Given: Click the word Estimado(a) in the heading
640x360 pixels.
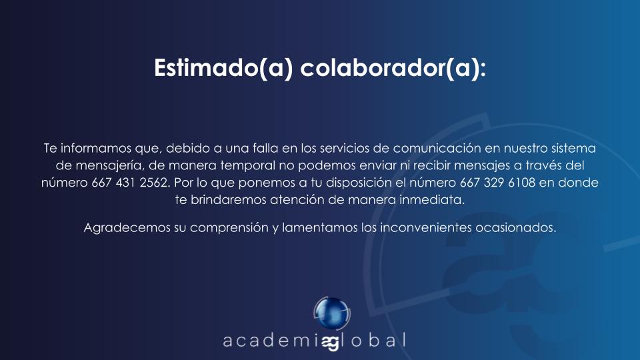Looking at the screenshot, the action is coord(223,68).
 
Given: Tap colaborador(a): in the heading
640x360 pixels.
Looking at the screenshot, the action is coord(393,68).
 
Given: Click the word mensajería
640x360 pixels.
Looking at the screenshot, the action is coord(110,166).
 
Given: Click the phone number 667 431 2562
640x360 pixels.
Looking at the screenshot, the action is coord(130,183).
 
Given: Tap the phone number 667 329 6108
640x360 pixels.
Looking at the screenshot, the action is coord(497,183).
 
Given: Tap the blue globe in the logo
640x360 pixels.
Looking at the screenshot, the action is coord(332,313).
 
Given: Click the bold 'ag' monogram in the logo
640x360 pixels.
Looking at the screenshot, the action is coord(331,342).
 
